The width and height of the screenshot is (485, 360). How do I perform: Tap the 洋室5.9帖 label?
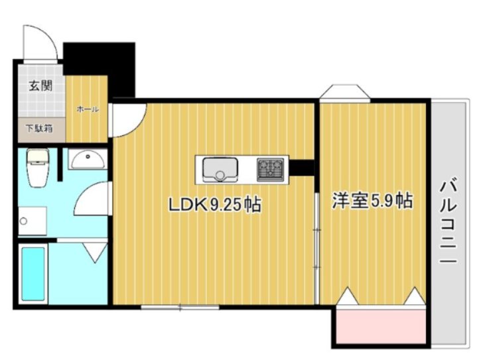(x=372, y=200)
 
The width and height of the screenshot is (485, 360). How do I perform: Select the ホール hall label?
(x=88, y=109)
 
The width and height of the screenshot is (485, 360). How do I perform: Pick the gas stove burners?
(x=270, y=169)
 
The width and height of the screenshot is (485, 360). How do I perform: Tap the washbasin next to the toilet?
(x=87, y=160)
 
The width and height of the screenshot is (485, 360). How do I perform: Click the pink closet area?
(x=380, y=326)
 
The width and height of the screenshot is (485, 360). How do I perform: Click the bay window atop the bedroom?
(x=345, y=93)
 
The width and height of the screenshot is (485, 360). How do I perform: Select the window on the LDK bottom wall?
(x=180, y=307)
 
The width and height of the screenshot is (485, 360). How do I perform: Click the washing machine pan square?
(x=32, y=221)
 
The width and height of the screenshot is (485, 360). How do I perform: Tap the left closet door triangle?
(x=347, y=296)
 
